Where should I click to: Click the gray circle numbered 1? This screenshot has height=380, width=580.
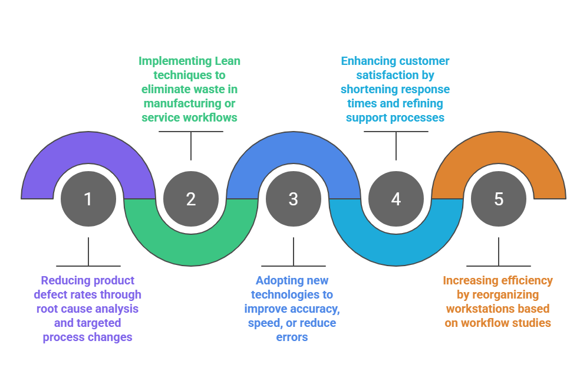tap(88, 199)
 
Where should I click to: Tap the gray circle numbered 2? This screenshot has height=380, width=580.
tap(190, 199)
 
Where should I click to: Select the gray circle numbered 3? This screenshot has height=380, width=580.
tap(293, 199)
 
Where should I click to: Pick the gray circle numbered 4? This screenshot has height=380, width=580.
tap(396, 199)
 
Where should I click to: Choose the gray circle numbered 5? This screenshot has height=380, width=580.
tap(499, 199)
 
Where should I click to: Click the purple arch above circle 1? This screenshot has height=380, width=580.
tap(88, 145)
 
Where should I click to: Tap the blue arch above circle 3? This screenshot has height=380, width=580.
tap(293, 145)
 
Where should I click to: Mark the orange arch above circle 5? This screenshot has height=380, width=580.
tap(499, 145)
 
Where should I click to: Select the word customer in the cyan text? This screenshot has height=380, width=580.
tap(424, 61)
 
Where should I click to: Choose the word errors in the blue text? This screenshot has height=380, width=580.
tap(292, 337)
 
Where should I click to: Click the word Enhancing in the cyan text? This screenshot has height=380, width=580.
tap(368, 61)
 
